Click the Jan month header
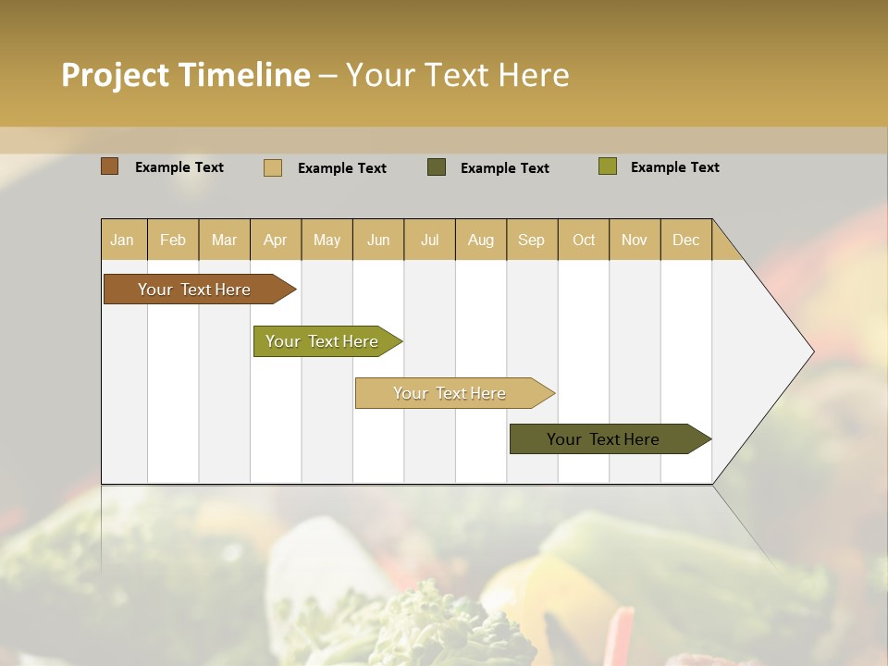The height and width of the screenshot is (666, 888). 122,240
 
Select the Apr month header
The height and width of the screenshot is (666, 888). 276,240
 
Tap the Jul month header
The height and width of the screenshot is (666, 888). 429,240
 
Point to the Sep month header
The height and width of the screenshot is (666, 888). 531,240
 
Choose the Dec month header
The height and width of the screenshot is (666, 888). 685,240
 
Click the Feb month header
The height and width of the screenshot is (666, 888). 173,240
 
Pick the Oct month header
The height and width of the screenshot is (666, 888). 584,240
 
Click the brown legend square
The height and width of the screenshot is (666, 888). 110,166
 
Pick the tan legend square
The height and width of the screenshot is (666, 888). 273,167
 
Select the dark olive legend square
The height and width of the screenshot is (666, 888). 437,167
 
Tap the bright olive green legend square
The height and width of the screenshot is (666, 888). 607,166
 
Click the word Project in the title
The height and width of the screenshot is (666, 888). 116,75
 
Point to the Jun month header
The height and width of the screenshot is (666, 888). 378,240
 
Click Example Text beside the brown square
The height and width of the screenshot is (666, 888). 179,167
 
